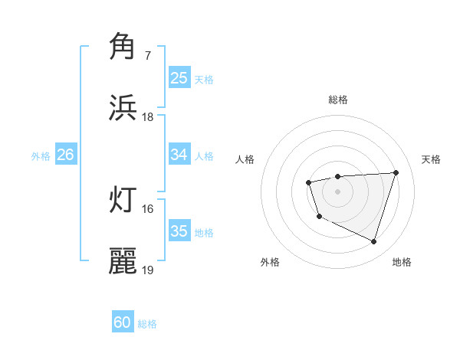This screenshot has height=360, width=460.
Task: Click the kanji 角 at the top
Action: point(123,47)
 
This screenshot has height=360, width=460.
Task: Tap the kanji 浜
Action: point(123,108)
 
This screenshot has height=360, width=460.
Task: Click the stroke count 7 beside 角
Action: point(147,56)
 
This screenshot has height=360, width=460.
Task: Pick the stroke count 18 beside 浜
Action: point(147,117)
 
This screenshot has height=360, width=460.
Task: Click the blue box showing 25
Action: point(179,78)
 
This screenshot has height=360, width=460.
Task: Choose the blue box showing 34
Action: point(179,155)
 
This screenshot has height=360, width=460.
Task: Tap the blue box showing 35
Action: point(179,231)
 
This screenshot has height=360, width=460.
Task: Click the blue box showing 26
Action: point(65,155)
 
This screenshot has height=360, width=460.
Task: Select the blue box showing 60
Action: point(123,322)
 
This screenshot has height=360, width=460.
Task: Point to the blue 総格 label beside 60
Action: point(147,324)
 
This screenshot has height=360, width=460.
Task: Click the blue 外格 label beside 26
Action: point(41,156)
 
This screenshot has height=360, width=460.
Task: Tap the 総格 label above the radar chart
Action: point(337,100)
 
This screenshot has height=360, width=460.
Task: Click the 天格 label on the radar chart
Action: point(431,159)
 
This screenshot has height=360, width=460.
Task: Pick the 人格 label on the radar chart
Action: point(245,159)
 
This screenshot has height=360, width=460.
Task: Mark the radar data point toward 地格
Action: point(373,242)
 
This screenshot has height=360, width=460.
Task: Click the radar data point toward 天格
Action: point(396,172)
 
